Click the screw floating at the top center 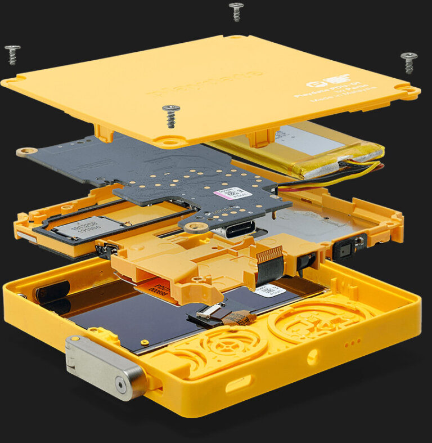(x=236, y=11)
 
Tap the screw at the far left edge (x=12, y=54)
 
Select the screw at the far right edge (x=409, y=61)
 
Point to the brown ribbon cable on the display (x=238, y=317)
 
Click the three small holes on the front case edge (x=352, y=342)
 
